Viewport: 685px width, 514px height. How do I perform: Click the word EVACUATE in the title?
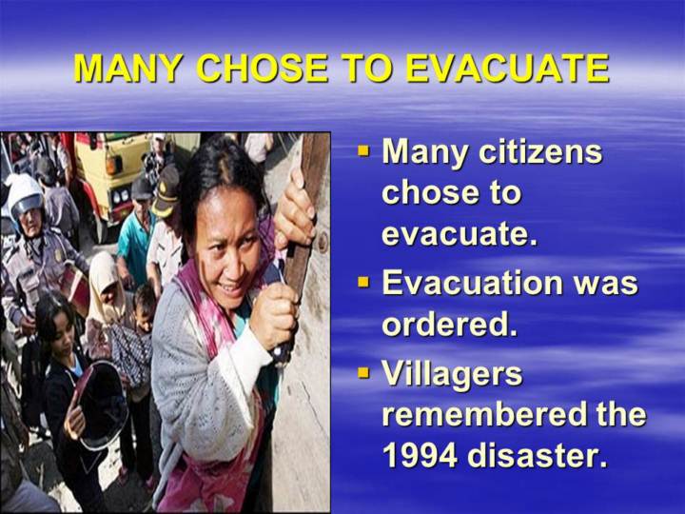click(x=507, y=69)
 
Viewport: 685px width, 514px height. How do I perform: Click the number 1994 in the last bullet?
click(x=421, y=455)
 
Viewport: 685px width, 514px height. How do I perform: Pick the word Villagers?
click(x=452, y=374)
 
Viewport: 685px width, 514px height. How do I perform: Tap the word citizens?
click(x=540, y=151)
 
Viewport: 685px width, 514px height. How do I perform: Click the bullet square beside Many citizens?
click(x=363, y=151)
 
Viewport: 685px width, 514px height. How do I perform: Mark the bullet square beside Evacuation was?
click(x=363, y=282)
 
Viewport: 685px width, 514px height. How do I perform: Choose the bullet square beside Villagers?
click(x=363, y=373)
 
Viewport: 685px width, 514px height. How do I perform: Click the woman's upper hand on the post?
click(x=294, y=209)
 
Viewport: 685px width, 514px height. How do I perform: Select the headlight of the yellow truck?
click(x=113, y=165)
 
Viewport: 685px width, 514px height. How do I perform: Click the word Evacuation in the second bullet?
click(x=473, y=282)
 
